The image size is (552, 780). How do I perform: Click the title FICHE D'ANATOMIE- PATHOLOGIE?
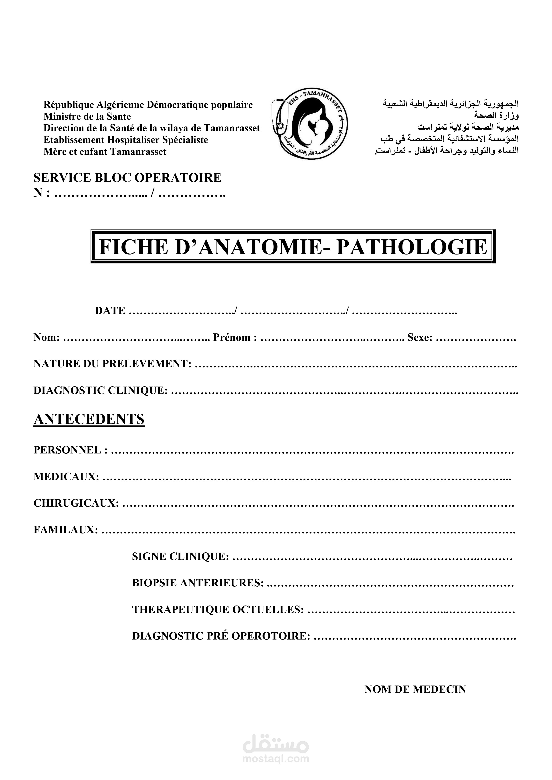(x=293, y=247)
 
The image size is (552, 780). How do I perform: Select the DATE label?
(x=110, y=311)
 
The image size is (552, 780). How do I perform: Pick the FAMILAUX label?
(x=66, y=530)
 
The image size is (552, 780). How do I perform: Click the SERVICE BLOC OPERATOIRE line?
(x=127, y=177)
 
